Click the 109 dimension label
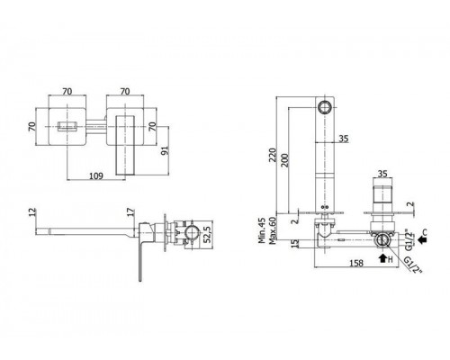pyautogui.click(x=96, y=175)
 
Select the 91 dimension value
pyautogui.click(x=165, y=150)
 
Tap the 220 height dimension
pyautogui.click(x=273, y=155)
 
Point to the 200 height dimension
pyautogui.click(x=285, y=160)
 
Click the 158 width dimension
pyautogui.click(x=356, y=263)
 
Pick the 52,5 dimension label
pyautogui.click(x=208, y=234)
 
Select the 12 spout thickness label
pyautogui.click(x=32, y=212)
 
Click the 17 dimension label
pyautogui.click(x=130, y=212)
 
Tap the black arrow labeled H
pyautogui.click(x=382, y=258)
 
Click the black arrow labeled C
pyautogui.click(x=422, y=239)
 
